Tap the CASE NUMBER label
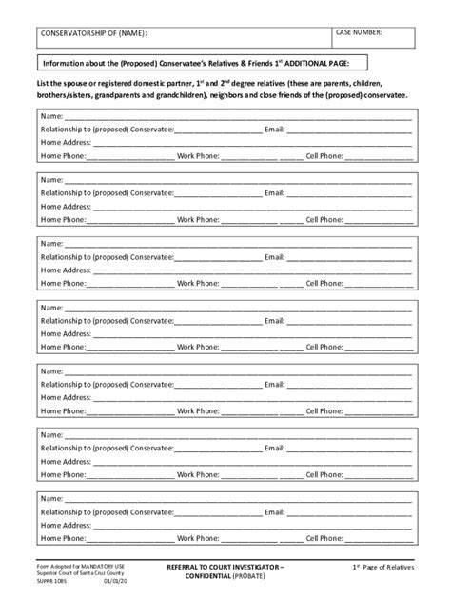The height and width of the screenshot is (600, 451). click(359, 32)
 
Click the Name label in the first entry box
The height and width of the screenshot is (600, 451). click(51, 114)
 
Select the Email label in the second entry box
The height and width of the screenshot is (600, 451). click(274, 192)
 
